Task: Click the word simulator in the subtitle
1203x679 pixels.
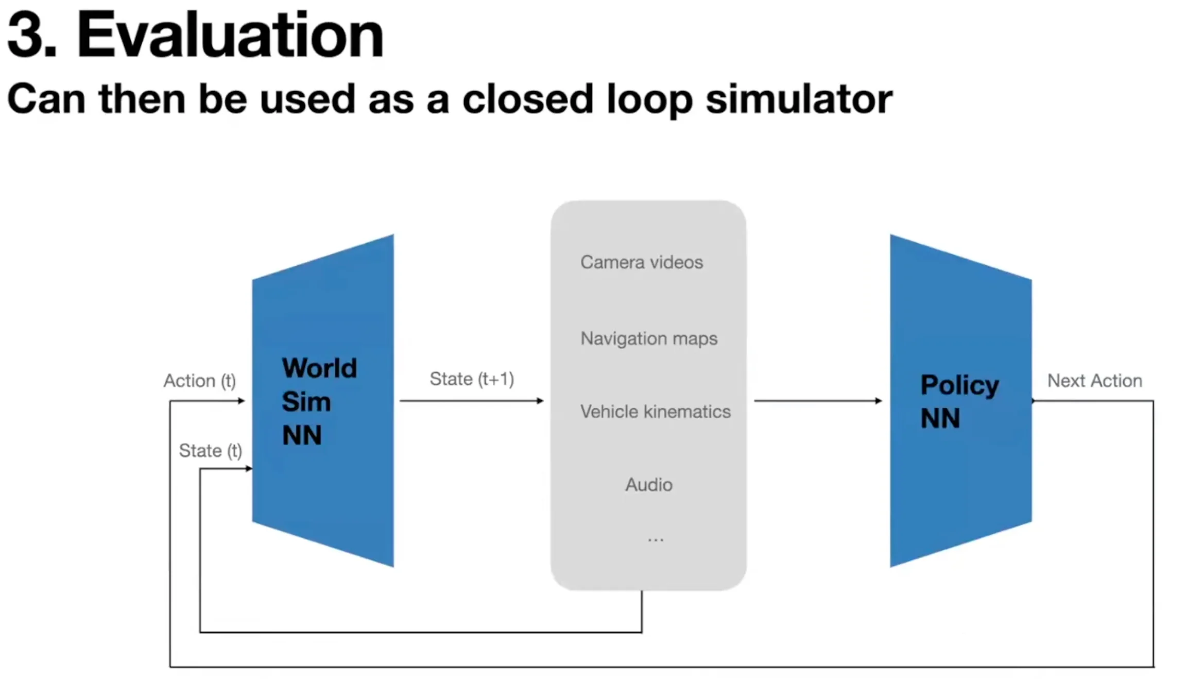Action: click(799, 99)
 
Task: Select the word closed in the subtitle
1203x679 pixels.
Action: click(528, 99)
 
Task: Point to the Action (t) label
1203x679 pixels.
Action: click(199, 381)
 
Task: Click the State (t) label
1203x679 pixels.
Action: click(210, 451)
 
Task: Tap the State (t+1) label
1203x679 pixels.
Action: click(472, 379)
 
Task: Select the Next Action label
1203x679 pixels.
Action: click(1094, 381)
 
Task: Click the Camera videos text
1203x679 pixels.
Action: click(641, 262)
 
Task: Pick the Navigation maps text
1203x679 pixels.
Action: click(648, 338)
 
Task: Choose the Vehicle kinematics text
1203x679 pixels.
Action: click(655, 412)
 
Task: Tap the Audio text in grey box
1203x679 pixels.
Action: click(648, 485)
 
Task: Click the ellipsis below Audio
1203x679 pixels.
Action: click(655, 539)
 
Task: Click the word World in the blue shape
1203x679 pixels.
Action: click(319, 368)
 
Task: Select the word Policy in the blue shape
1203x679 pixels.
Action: click(959, 385)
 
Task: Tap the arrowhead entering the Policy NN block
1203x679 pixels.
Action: click(879, 401)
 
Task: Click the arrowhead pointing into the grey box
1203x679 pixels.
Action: click(540, 401)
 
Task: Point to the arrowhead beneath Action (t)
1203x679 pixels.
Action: click(241, 401)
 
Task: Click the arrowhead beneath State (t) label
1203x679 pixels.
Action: click(249, 468)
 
